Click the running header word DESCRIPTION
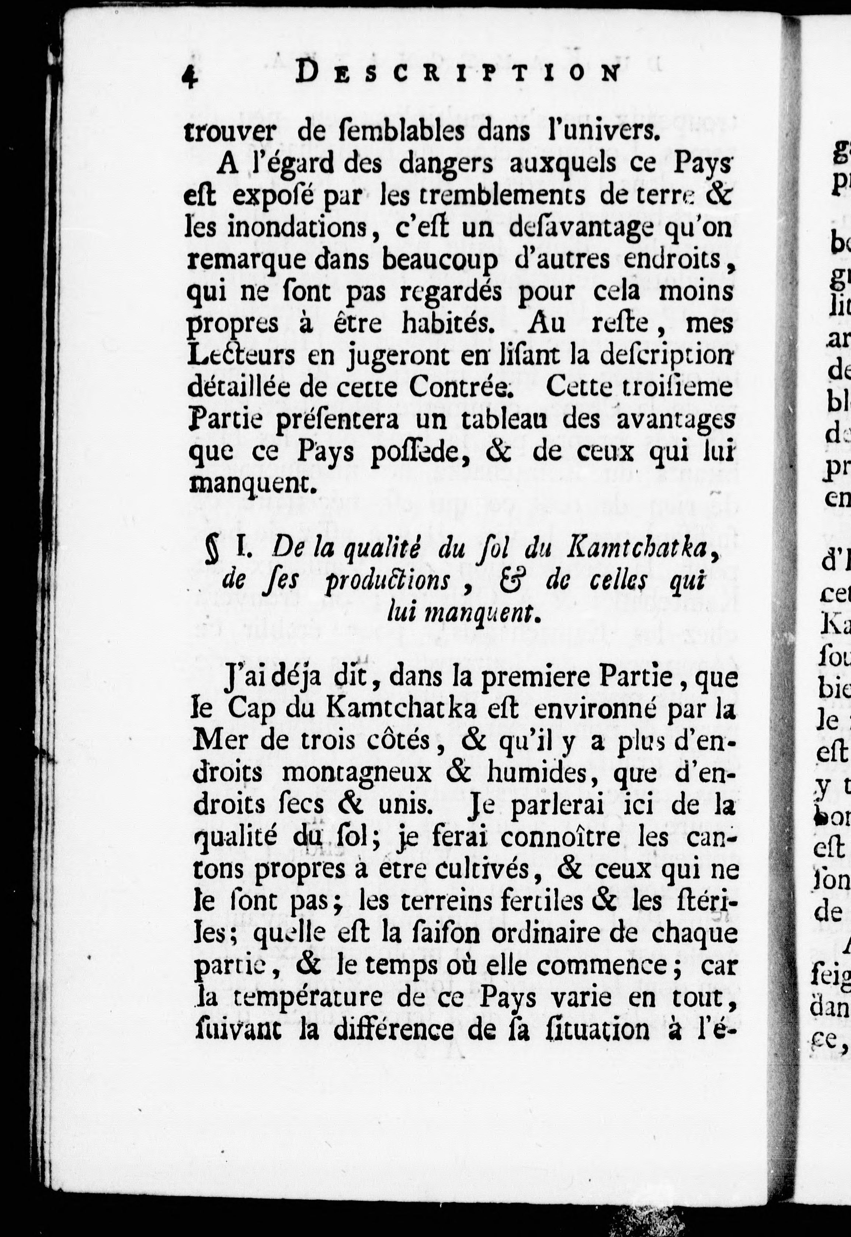(458, 73)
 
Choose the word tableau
(497, 420)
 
